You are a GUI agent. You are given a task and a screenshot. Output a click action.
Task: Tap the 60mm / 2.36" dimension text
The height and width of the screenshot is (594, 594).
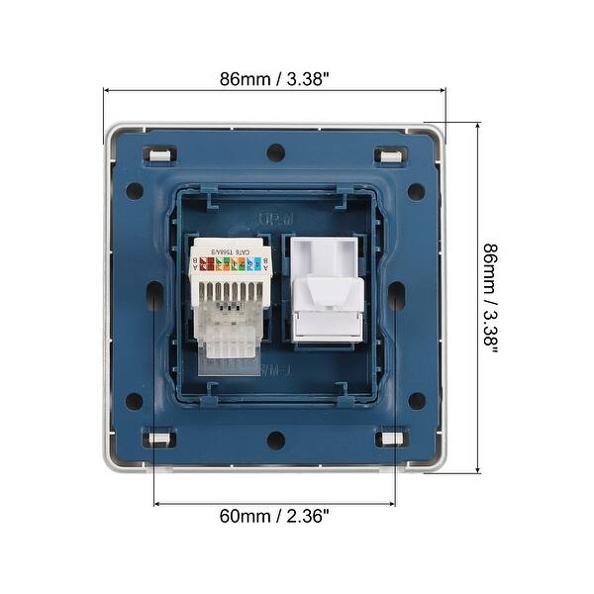(x=274, y=516)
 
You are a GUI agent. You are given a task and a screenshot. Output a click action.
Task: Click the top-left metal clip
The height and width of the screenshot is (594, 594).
(x=158, y=154)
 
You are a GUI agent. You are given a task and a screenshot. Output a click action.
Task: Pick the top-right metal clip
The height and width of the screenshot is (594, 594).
(x=389, y=154)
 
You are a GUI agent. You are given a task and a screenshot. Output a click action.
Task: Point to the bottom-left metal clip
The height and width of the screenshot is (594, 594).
(x=158, y=438)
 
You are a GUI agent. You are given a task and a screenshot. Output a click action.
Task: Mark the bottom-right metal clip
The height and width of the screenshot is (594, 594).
(x=390, y=438)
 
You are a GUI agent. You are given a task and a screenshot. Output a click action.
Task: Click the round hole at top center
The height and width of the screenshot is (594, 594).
(x=275, y=153)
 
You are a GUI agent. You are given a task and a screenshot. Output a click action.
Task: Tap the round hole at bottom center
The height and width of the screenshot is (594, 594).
(x=275, y=439)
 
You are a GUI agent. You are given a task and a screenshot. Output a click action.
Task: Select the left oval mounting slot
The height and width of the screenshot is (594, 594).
(x=154, y=295)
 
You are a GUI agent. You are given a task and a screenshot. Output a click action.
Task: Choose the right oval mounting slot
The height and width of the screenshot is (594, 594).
(x=396, y=295)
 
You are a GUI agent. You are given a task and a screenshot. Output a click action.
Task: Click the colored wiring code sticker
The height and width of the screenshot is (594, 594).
(x=227, y=263)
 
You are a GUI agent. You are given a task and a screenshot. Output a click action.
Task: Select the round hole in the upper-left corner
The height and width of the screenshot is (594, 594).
(x=135, y=191)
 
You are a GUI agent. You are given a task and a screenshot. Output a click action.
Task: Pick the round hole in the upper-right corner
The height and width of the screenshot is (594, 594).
(x=416, y=191)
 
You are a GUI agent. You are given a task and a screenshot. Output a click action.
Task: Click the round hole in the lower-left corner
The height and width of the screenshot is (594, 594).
(x=135, y=401)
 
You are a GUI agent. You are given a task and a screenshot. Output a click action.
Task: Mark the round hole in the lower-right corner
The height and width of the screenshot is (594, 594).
(x=416, y=401)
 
